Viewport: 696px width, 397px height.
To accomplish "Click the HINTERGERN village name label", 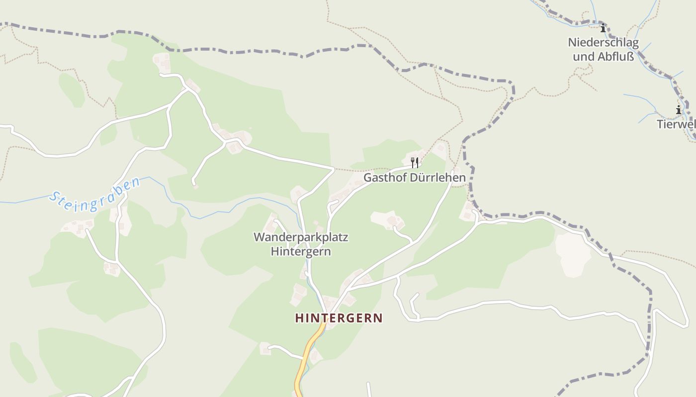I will coord(339,318).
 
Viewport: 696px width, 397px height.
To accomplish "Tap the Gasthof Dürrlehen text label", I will coord(415,177).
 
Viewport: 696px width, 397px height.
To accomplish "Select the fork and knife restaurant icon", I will coord(415,162).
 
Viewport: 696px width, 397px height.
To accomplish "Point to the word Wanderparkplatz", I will coord(301,237).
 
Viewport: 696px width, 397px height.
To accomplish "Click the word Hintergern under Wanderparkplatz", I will coord(301,252).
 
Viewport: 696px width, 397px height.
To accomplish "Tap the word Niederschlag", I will coord(603,43).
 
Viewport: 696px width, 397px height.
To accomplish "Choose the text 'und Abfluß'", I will coord(603,57).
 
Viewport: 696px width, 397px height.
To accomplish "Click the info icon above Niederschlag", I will coord(603,28).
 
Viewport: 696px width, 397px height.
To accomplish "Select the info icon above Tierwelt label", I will coord(679,110).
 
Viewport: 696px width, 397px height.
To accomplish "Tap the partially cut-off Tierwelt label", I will coord(676,124).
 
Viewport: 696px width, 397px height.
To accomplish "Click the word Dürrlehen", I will coord(437,177).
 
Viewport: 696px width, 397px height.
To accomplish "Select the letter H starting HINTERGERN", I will coord(299,318).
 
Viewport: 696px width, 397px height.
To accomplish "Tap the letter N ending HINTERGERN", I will coord(379,318).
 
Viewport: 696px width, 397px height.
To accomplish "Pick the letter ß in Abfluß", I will coord(630,57).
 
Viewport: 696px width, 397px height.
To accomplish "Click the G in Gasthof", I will coord(368,177).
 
